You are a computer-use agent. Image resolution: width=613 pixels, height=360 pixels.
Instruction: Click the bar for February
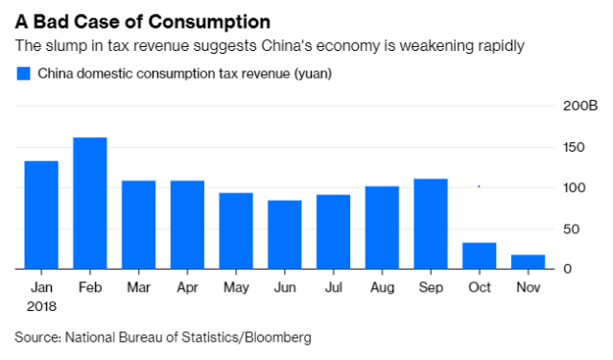[89, 204]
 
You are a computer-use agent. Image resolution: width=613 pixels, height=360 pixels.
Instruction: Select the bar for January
[41, 215]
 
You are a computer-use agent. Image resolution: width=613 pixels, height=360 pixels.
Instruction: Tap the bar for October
[479, 255]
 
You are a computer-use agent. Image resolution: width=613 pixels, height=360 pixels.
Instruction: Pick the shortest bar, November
[528, 262]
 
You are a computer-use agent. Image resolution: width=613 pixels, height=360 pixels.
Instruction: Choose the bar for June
[284, 235]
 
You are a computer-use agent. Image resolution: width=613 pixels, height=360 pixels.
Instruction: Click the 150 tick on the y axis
[572, 147]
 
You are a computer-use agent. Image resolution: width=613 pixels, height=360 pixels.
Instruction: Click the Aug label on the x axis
[381, 288]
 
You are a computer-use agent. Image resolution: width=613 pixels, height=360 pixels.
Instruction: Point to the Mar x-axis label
[138, 288]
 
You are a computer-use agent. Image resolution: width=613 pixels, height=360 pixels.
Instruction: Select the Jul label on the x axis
[333, 288]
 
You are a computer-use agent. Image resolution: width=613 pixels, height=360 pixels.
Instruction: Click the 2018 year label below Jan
[41, 306]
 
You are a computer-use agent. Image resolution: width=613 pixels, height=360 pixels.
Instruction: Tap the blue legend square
[23, 73]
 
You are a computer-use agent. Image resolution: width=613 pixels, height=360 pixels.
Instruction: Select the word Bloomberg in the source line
[277, 337]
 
